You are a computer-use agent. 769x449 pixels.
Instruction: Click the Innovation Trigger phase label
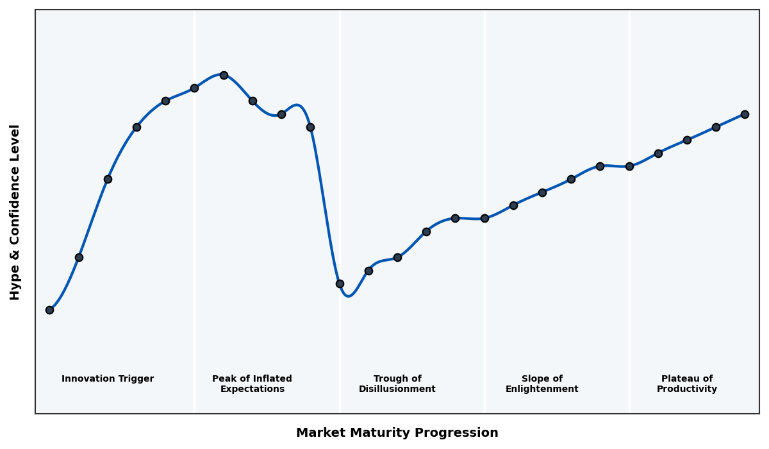(x=108, y=379)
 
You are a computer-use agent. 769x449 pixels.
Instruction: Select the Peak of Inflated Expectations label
(x=252, y=384)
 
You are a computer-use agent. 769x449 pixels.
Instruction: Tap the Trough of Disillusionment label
(x=397, y=384)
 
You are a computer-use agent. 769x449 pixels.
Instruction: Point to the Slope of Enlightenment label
(x=542, y=384)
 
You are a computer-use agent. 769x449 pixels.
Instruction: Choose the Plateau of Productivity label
(x=686, y=384)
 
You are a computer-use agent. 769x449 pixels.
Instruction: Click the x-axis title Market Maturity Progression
(x=397, y=433)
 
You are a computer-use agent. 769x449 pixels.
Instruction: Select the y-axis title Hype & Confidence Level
(x=15, y=212)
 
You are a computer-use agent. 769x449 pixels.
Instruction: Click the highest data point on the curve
(x=224, y=75)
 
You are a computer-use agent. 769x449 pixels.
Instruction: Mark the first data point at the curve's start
(x=49, y=310)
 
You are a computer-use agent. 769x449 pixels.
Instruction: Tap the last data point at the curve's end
(x=745, y=114)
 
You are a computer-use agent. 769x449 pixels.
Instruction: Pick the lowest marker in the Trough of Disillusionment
(x=340, y=284)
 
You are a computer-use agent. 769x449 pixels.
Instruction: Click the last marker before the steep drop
(x=310, y=127)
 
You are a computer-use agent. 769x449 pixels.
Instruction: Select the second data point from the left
(x=79, y=257)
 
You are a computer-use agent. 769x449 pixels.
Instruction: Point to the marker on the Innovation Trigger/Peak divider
(x=194, y=88)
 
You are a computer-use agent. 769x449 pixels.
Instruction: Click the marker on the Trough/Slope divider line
(x=484, y=218)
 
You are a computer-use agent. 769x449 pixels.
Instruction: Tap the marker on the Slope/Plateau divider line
(x=629, y=166)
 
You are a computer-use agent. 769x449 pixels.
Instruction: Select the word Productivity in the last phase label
(x=686, y=389)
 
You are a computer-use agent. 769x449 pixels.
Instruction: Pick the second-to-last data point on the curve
(x=716, y=127)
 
